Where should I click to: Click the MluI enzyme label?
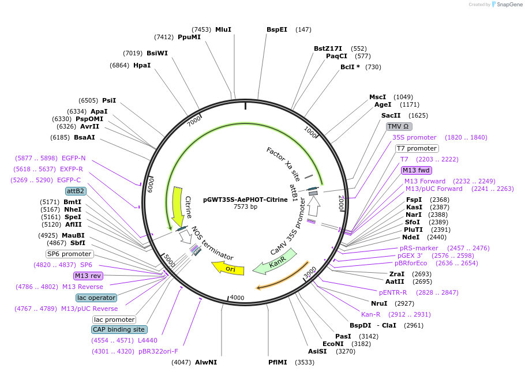223,29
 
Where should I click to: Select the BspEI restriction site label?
276,29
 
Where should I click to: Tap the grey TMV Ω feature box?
398,126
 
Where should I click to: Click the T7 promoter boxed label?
417,148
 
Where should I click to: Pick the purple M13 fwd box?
417,170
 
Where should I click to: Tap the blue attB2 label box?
76,191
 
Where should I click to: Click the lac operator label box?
96,298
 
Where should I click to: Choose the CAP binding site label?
119,329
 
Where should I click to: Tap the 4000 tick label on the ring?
238,298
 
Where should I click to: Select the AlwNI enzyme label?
206,362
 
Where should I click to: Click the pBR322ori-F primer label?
158,351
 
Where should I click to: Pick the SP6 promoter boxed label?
69,254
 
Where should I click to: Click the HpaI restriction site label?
142,65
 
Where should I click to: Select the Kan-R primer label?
370,314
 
